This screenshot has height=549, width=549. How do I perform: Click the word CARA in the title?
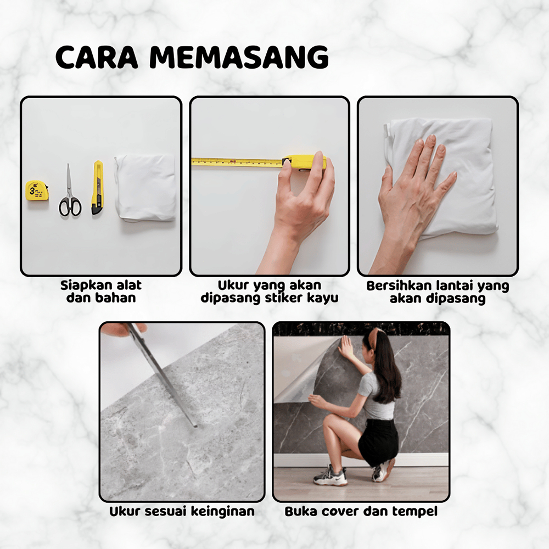(x=97, y=57)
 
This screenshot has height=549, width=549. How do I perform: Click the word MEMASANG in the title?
(x=239, y=57)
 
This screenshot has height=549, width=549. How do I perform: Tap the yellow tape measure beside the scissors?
(x=36, y=191)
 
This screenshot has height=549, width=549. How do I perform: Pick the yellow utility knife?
(x=97, y=188)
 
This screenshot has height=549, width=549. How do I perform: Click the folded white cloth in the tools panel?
(x=145, y=187)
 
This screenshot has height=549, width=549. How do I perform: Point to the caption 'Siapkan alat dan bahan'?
(x=101, y=292)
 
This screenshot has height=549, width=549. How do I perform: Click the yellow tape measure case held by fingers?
(x=304, y=163)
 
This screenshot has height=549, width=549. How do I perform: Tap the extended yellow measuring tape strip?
(x=237, y=161)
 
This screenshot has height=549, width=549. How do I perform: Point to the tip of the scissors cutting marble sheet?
(x=195, y=426)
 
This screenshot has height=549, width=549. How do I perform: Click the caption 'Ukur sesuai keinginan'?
(x=182, y=512)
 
